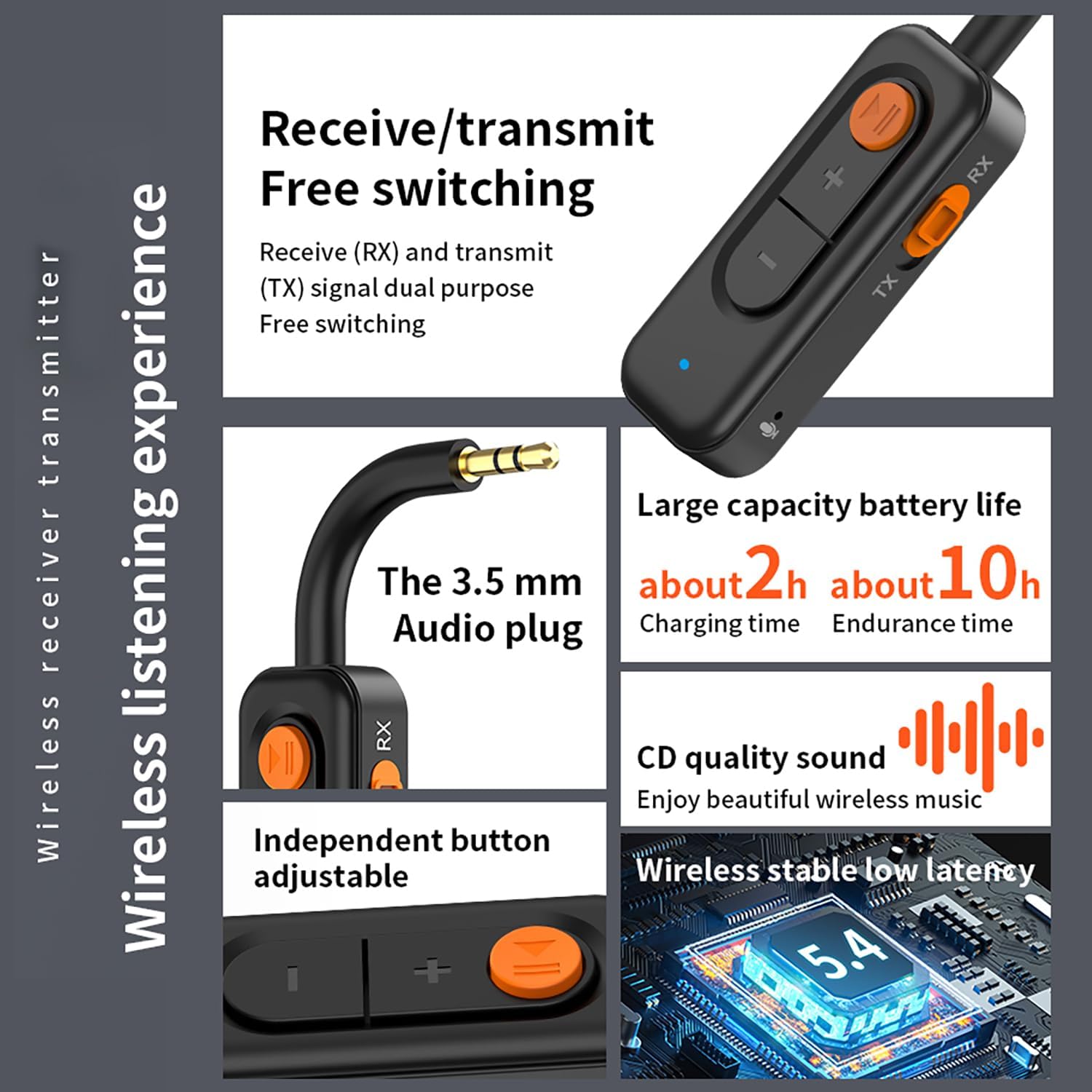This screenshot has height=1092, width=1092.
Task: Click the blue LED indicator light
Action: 684,364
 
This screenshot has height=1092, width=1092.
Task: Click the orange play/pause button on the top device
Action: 882,117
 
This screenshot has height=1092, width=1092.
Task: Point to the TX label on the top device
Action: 885,285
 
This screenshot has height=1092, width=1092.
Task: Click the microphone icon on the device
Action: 767,430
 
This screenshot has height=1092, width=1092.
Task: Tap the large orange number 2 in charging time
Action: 764,574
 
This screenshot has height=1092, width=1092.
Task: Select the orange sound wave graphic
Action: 971,736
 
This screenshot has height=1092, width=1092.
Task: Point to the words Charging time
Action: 719,624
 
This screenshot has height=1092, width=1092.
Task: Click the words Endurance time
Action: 922,624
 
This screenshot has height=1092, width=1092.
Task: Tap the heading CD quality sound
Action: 760,758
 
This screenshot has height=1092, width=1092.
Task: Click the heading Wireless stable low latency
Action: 834,871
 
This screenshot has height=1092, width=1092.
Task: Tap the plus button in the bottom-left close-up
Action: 432,970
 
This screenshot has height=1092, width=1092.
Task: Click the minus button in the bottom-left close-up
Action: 293,978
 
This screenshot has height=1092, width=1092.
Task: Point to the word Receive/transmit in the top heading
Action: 456,129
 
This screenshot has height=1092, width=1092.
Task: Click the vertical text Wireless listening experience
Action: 148,568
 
